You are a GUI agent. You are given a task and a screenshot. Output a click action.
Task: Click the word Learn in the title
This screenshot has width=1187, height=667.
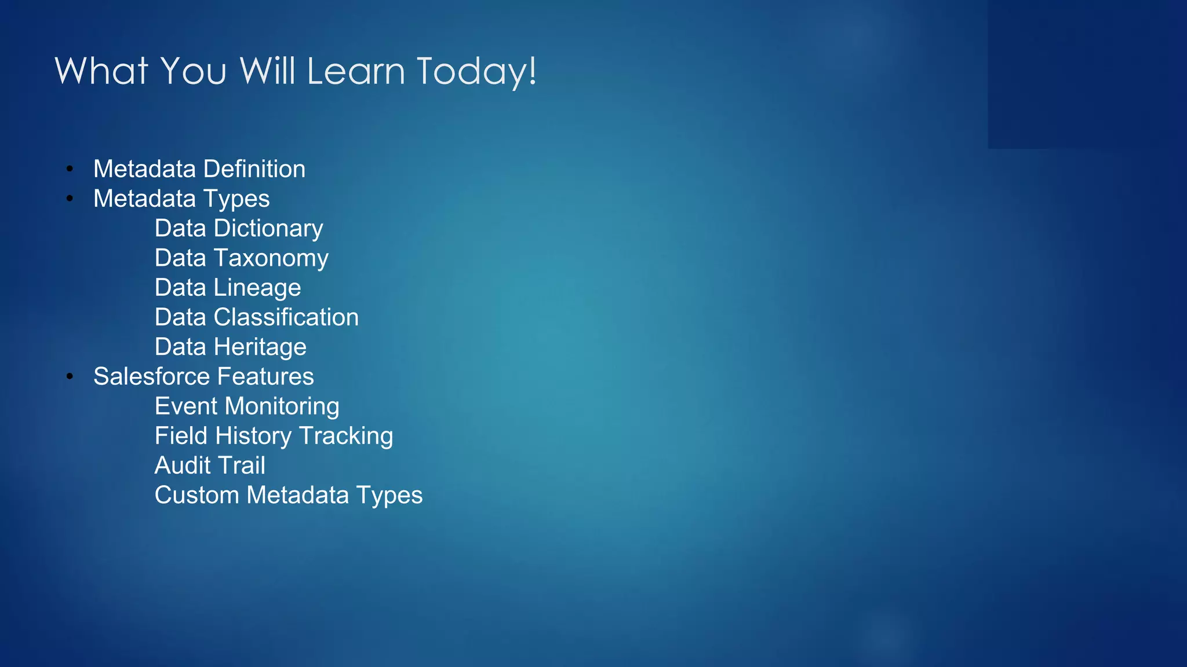[x=355, y=72]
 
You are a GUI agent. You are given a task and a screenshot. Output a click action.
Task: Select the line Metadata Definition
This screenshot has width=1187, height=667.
[x=199, y=169]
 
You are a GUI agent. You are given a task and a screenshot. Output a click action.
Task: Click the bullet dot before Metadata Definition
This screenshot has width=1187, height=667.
[x=70, y=169]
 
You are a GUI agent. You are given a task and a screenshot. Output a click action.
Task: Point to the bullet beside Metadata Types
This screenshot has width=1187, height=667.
[x=70, y=199]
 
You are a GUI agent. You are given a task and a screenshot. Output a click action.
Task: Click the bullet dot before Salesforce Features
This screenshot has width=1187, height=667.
[x=70, y=376]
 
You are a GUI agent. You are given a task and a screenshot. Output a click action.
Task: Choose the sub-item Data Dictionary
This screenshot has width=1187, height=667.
[x=239, y=229]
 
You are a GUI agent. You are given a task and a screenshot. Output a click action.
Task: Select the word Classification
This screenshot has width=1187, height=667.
[x=286, y=317]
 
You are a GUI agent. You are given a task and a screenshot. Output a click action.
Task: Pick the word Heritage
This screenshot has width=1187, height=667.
[x=260, y=347]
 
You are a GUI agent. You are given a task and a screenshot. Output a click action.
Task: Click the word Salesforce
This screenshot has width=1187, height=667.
[x=151, y=376]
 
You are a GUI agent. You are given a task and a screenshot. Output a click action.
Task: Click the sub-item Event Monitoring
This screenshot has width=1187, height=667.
[x=247, y=406]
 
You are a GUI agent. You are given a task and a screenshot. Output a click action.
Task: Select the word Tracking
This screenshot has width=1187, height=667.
[x=346, y=437]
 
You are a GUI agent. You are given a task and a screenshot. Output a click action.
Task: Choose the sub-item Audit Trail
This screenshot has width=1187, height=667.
[x=210, y=466]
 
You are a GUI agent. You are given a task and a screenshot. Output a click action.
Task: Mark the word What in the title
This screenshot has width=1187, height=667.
[x=101, y=72]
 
